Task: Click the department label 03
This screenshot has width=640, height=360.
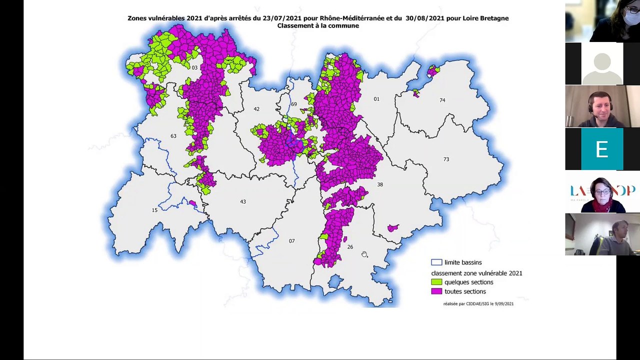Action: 194,67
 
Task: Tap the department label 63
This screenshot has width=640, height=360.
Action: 173,136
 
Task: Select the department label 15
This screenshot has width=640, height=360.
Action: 154,210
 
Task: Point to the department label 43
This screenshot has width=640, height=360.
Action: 243,201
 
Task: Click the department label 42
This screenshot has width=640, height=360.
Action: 256,109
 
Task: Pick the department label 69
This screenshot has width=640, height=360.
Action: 294,104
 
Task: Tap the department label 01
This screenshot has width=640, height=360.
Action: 376,99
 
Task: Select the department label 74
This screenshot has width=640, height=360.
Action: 442,100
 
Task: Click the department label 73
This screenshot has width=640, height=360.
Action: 446,159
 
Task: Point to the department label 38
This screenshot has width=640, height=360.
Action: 380,184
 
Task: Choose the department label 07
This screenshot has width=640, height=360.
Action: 291,241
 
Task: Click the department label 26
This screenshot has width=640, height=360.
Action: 350,247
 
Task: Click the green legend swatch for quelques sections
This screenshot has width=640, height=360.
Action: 436,282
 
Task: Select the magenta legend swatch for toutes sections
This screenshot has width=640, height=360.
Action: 436,291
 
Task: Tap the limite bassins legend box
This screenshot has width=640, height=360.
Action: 436,262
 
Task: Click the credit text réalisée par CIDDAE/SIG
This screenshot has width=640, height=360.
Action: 478,303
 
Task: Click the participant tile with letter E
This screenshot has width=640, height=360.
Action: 602,149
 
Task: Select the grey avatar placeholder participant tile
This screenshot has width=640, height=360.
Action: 602,63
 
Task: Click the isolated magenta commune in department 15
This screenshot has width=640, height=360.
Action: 192,203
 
